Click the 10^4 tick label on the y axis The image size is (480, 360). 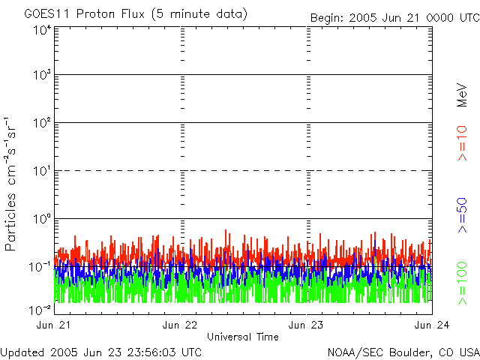tap(41, 31)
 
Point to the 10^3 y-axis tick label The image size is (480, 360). tap(41, 76)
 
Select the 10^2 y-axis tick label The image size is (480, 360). tap(41, 124)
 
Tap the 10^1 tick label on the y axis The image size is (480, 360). tap(41, 172)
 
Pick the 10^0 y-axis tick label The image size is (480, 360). tap(41, 220)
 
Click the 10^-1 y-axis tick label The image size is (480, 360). tap(40, 267)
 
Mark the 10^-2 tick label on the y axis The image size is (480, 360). tap(40, 309)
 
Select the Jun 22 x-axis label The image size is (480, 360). tap(181, 325)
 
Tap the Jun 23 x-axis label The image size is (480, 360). tap(307, 325)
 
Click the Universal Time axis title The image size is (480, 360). tap(243, 337)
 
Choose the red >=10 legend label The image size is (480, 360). tap(463, 143)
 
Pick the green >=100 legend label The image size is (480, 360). tap(463, 282)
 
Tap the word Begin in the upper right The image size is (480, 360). tap(327, 17)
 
